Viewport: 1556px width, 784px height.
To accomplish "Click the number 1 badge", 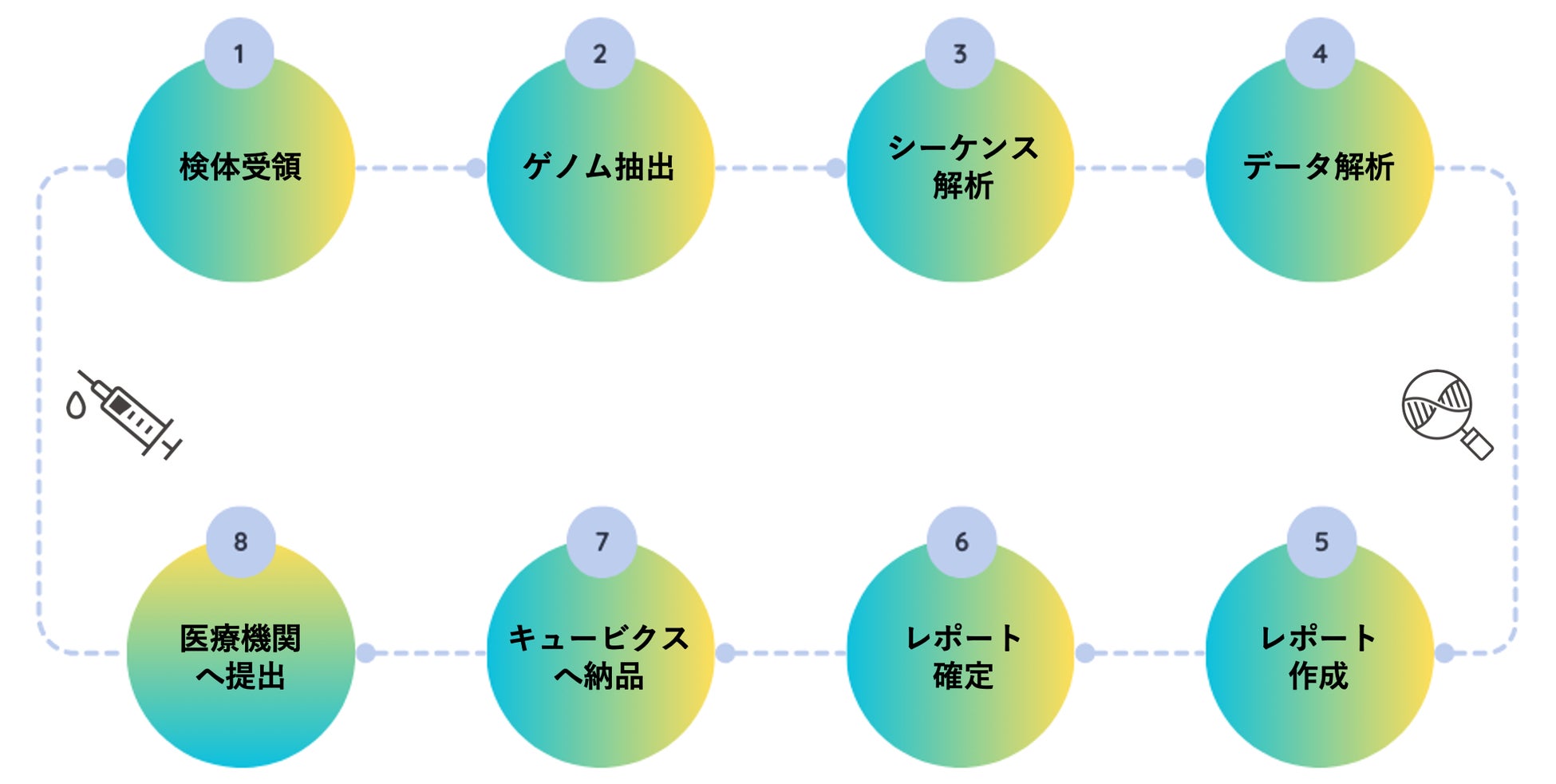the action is [239, 53].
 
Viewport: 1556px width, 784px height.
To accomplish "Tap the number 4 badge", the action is [1320, 53].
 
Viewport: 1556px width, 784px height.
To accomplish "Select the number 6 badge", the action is [962, 541].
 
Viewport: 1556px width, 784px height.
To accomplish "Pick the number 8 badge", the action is [241, 541].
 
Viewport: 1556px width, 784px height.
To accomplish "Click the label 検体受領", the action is [240, 167].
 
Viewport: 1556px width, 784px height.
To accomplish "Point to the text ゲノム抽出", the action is [599, 167].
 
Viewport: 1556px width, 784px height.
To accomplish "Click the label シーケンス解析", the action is [963, 167].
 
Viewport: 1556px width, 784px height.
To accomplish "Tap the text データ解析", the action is [1318, 167].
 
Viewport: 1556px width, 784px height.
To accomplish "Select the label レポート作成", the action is [1318, 656].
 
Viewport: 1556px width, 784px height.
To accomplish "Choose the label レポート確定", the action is [963, 656].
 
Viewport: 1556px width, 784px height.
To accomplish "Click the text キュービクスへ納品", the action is [599, 656].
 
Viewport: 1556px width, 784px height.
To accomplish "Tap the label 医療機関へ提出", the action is [240, 656].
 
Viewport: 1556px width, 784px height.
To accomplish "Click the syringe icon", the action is [129, 414].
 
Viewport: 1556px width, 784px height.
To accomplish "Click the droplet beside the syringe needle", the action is [76, 406].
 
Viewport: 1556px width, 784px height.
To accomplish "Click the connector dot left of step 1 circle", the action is [116, 168].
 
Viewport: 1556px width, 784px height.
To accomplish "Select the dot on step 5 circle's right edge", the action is [1444, 653].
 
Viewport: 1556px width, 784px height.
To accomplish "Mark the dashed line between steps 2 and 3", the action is [775, 168].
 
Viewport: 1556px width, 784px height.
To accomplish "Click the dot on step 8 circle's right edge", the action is [365, 653].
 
